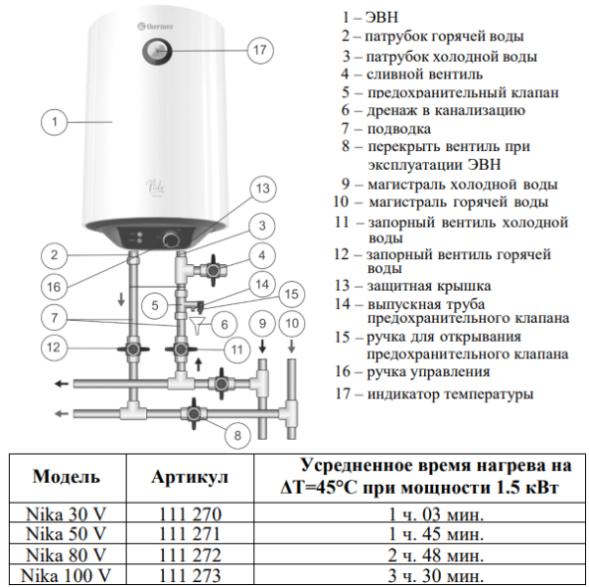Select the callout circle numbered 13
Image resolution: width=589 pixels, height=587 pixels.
[261, 187]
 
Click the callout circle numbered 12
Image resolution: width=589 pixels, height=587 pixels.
[55, 347]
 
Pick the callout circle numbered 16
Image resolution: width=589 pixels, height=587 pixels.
[55, 287]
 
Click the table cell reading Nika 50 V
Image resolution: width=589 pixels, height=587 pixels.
[66, 534]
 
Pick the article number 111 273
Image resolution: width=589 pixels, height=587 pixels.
[190, 575]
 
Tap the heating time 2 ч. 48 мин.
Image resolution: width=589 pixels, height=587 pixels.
[438, 555]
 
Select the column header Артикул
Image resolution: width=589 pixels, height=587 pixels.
[190, 477]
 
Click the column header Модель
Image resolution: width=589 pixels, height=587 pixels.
[66, 477]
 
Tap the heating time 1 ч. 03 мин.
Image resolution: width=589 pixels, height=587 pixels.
[438, 513]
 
